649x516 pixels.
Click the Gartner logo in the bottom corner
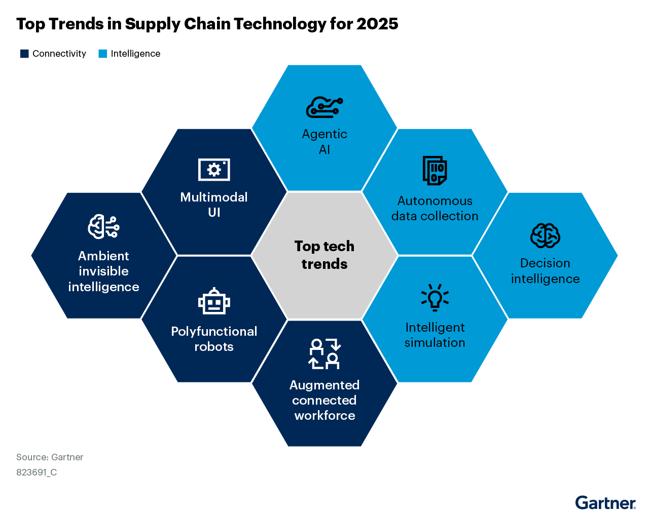pyautogui.click(x=605, y=503)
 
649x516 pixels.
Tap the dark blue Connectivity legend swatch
pyautogui.click(x=24, y=54)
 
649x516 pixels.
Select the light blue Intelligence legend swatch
pyautogui.click(x=103, y=54)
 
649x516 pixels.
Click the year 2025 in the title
pyautogui.click(x=377, y=24)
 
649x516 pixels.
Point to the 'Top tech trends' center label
pyautogui.click(x=324, y=255)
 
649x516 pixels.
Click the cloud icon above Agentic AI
pyautogui.click(x=324, y=107)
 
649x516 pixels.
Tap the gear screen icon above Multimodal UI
pyautogui.click(x=214, y=170)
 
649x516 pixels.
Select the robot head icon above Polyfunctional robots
pyautogui.click(x=214, y=302)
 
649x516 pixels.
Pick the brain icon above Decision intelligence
pyautogui.click(x=545, y=235)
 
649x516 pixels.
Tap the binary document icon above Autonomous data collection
pyautogui.click(x=435, y=171)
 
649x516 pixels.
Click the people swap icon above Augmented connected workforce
pyautogui.click(x=324, y=353)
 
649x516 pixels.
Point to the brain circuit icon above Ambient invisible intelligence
pyautogui.click(x=103, y=226)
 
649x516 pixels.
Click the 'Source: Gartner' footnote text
pyautogui.click(x=50, y=457)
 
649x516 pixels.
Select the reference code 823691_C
pyautogui.click(x=37, y=472)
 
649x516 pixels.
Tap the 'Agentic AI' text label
pyautogui.click(x=324, y=142)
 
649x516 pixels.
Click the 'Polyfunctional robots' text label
pyautogui.click(x=214, y=339)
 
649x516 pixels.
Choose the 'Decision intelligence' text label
pyautogui.click(x=545, y=271)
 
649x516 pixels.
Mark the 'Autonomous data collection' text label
pyautogui.click(x=435, y=209)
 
